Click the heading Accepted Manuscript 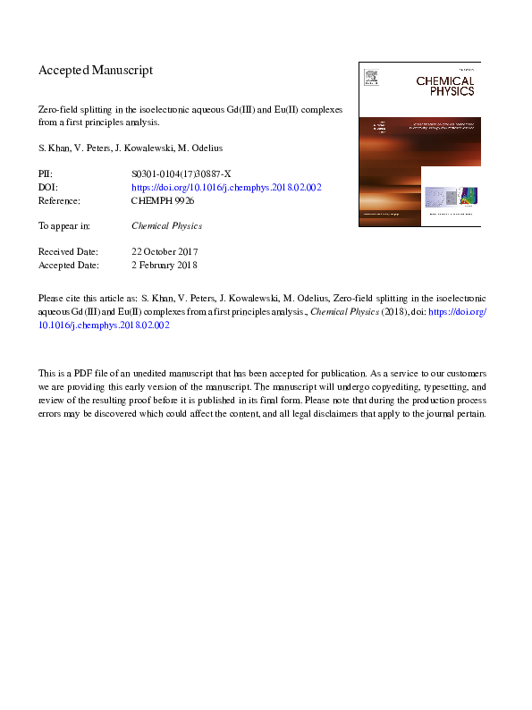click(x=96, y=70)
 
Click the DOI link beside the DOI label click(x=226, y=188)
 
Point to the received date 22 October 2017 click(x=165, y=252)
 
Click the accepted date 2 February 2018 click(x=164, y=265)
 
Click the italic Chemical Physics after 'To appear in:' click(x=166, y=226)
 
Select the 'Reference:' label click(x=60, y=201)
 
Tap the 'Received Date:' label click(x=68, y=252)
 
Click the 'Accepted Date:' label click(x=68, y=265)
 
